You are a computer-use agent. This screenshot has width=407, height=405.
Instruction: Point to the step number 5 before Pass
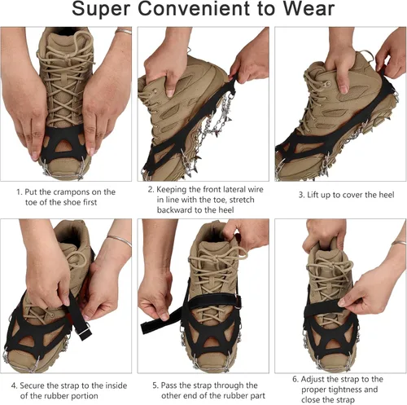click(x=154, y=385)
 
